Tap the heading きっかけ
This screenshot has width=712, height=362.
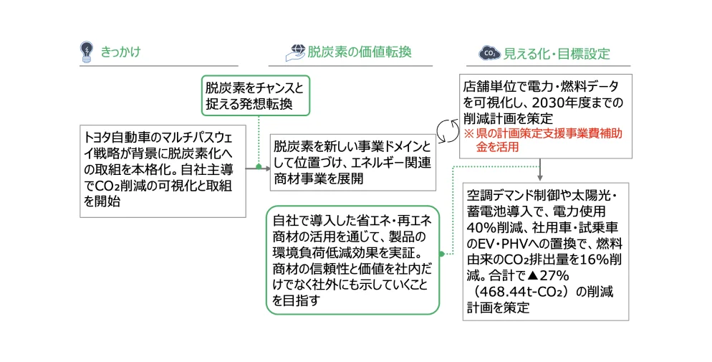(120, 52)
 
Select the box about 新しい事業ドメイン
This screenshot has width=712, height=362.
(352, 162)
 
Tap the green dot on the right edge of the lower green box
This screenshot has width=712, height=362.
(442, 253)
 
